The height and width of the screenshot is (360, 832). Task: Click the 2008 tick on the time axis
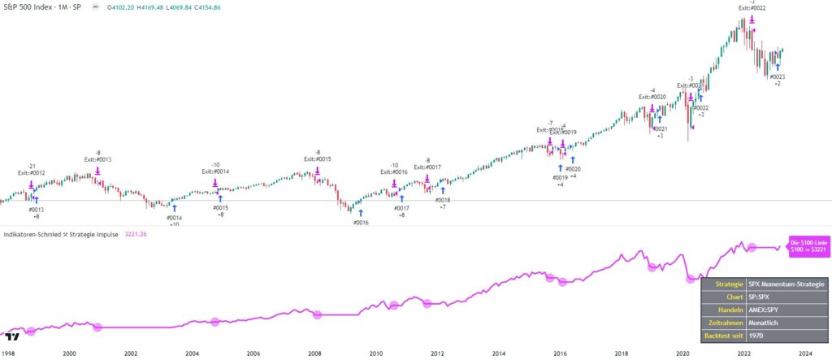coord(314,353)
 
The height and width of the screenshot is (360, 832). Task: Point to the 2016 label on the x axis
coord(559,353)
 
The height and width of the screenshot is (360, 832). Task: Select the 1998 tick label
coord(8,353)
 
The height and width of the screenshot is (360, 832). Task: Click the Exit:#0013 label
coord(98,159)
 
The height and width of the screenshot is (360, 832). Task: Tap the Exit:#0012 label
coord(32,172)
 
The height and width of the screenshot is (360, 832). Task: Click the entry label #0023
coord(778,77)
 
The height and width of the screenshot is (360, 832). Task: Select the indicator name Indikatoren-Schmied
coord(33,235)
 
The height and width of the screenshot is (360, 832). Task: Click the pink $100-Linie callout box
coord(808,245)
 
